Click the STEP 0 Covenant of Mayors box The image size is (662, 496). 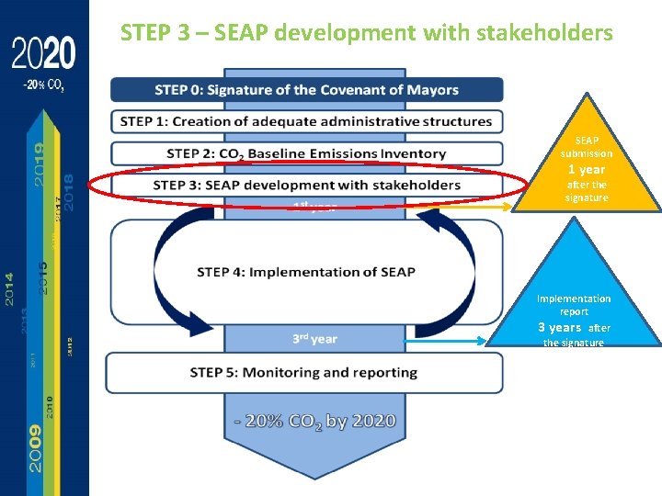[x=306, y=90]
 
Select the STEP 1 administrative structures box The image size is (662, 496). [x=306, y=121]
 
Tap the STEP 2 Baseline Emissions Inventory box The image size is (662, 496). [x=306, y=153]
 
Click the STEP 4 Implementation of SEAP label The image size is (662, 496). [x=306, y=272]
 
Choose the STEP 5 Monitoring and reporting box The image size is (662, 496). [x=304, y=372]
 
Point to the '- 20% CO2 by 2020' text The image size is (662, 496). [x=314, y=422]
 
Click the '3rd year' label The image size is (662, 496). [x=314, y=339]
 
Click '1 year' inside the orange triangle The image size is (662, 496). [x=586, y=170]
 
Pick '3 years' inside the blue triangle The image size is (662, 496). [x=559, y=327]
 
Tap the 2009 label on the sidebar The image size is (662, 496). [x=34, y=447]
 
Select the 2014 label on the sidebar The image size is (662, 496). [x=9, y=289]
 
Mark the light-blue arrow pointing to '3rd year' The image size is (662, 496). [x=450, y=341]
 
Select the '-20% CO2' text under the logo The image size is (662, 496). [x=43, y=85]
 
